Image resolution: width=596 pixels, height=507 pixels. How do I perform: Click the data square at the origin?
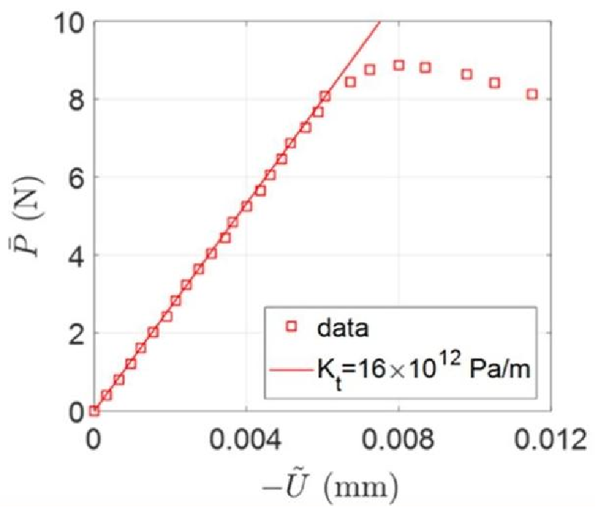94,411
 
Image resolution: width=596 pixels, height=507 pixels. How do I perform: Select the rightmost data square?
532,94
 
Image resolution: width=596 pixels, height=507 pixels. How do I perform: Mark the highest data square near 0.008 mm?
398,65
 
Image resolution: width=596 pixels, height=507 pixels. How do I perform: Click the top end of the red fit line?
380,23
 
